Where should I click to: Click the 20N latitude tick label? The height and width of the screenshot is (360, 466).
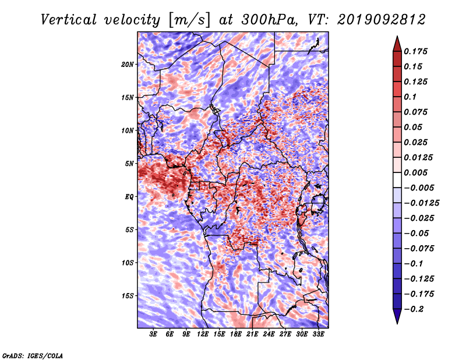[x=128, y=65]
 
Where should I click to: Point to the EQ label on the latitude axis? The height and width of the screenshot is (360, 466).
[x=129, y=197]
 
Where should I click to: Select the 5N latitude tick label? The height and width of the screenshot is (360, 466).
[x=129, y=164]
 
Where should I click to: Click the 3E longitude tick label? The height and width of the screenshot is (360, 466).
[x=153, y=334]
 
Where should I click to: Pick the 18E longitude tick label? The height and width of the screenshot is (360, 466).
[x=236, y=334]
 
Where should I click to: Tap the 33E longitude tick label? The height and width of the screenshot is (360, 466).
[x=318, y=334]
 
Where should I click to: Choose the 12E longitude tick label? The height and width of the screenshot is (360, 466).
[x=203, y=334]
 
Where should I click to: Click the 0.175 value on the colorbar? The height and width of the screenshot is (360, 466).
[x=415, y=51]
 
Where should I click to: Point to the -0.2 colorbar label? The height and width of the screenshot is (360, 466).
[x=414, y=309]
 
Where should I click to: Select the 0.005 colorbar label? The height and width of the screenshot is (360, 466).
[x=415, y=172]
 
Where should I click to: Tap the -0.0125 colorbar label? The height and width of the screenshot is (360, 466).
[x=421, y=203]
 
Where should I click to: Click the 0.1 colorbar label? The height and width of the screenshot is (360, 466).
[x=410, y=97]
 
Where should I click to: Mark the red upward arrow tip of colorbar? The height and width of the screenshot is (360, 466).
[x=397, y=36]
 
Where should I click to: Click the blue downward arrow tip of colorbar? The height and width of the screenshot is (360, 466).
[x=397, y=323]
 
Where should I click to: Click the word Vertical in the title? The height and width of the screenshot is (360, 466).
[x=69, y=20]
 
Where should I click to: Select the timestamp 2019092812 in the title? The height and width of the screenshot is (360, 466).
[x=382, y=20]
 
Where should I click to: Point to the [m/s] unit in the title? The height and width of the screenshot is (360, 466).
[x=189, y=20]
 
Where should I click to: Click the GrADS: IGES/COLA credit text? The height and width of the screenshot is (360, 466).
[x=33, y=355]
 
